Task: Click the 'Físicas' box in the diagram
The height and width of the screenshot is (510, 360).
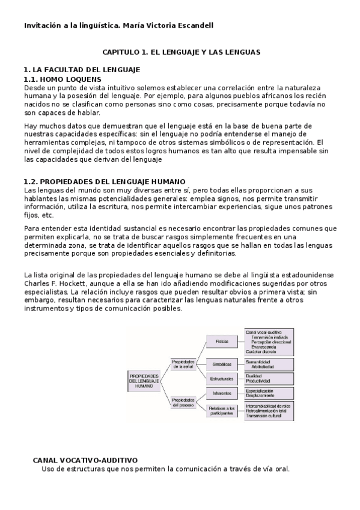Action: (222, 341)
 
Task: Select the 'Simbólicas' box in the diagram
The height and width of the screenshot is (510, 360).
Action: (222, 364)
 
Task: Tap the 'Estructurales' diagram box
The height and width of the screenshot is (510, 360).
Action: (222, 378)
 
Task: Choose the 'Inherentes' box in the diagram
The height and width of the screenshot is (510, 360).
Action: (222, 393)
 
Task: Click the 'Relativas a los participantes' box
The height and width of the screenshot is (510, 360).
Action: (222, 411)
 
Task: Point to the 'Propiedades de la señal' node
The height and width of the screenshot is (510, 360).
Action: (183, 363)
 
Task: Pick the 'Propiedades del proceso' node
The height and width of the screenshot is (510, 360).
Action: (183, 402)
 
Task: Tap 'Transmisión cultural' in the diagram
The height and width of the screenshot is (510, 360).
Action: (265, 416)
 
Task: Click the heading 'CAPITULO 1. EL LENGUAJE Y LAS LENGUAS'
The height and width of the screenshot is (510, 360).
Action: (180, 52)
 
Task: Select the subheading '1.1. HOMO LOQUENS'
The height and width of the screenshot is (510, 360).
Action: (63, 79)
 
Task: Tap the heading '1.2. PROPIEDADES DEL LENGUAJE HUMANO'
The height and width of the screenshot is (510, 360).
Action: (104, 181)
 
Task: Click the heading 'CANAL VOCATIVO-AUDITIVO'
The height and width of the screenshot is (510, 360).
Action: (85, 459)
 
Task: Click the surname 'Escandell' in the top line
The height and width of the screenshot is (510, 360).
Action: (194, 25)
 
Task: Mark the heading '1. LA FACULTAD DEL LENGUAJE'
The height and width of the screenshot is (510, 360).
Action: (81, 70)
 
